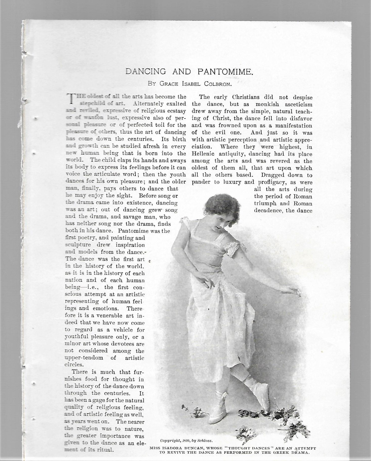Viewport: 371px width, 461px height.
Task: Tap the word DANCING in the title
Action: tap(146, 72)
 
